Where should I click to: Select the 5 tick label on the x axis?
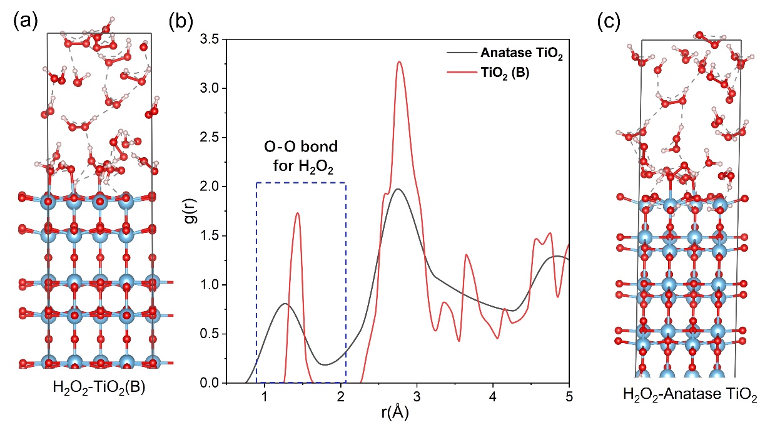tap(569, 396)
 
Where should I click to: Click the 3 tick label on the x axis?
tap(417, 396)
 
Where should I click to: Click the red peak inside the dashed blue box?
tap(297, 214)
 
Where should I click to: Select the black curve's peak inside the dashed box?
tap(285, 304)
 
